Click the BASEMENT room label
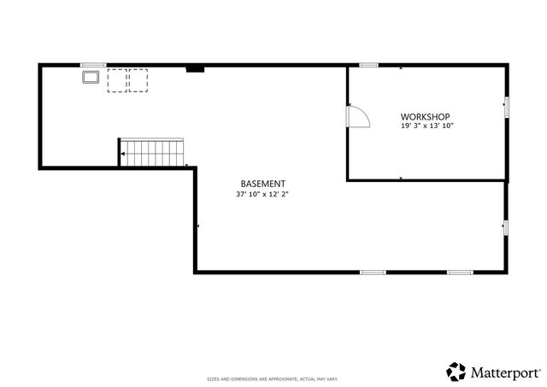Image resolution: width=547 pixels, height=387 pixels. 262,184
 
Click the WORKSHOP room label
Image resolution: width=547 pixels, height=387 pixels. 426,116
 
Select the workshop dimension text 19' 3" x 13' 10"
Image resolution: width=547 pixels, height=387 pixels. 426,126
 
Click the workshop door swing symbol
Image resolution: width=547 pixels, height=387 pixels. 357,116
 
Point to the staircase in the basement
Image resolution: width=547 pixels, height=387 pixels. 154,154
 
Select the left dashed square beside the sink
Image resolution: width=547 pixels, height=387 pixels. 117,79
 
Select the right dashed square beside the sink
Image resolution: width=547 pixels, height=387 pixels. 138,79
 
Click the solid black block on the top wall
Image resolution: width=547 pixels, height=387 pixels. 195,68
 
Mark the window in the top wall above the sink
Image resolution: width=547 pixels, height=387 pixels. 92,64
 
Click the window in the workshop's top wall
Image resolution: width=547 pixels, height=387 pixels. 369,64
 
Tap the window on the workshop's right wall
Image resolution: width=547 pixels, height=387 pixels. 506,107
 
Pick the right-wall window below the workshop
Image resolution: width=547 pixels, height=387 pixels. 506,227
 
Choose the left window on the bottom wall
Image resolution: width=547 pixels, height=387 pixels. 372,273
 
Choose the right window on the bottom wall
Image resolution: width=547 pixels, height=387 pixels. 460,273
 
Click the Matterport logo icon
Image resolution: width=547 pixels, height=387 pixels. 456,372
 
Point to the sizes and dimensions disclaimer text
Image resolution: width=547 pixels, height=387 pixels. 279,378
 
